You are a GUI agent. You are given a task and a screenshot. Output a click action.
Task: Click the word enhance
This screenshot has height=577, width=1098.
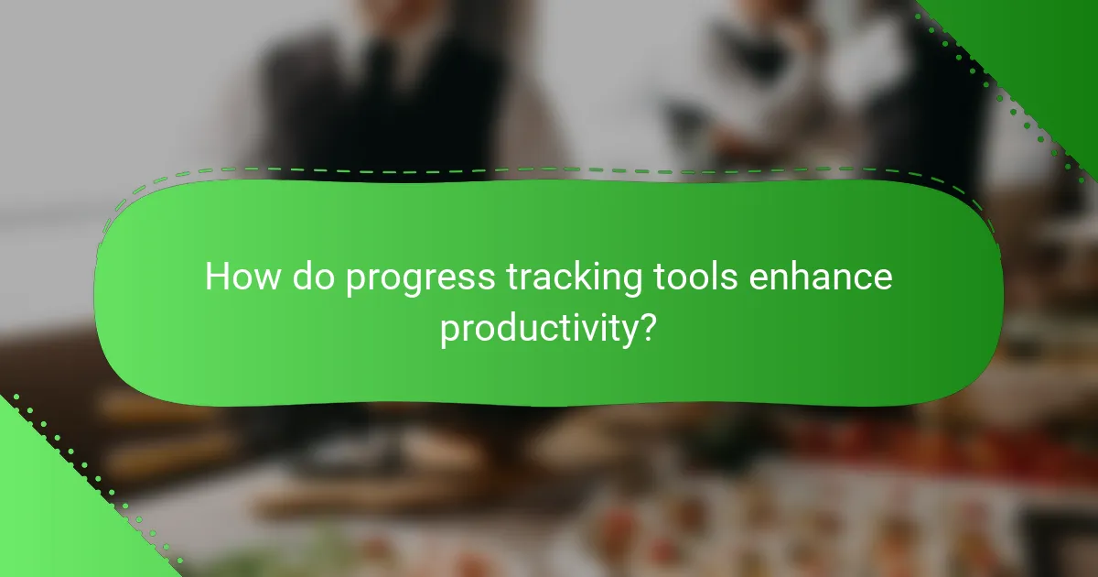[821, 277]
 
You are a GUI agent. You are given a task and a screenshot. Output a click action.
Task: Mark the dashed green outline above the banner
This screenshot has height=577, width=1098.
[549, 169]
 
